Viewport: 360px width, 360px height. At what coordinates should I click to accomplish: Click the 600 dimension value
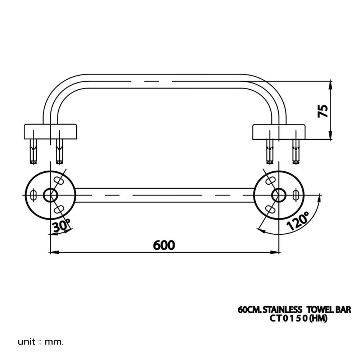(x=164, y=245)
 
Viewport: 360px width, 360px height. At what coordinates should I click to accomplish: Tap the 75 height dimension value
(x=323, y=111)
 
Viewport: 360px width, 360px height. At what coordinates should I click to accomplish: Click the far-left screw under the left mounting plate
(x=33, y=151)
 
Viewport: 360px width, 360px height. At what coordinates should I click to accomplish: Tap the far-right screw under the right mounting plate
(x=296, y=151)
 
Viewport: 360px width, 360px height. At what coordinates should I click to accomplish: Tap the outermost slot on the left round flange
(x=33, y=195)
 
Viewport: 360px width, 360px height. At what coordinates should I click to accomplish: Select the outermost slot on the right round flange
(x=296, y=195)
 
